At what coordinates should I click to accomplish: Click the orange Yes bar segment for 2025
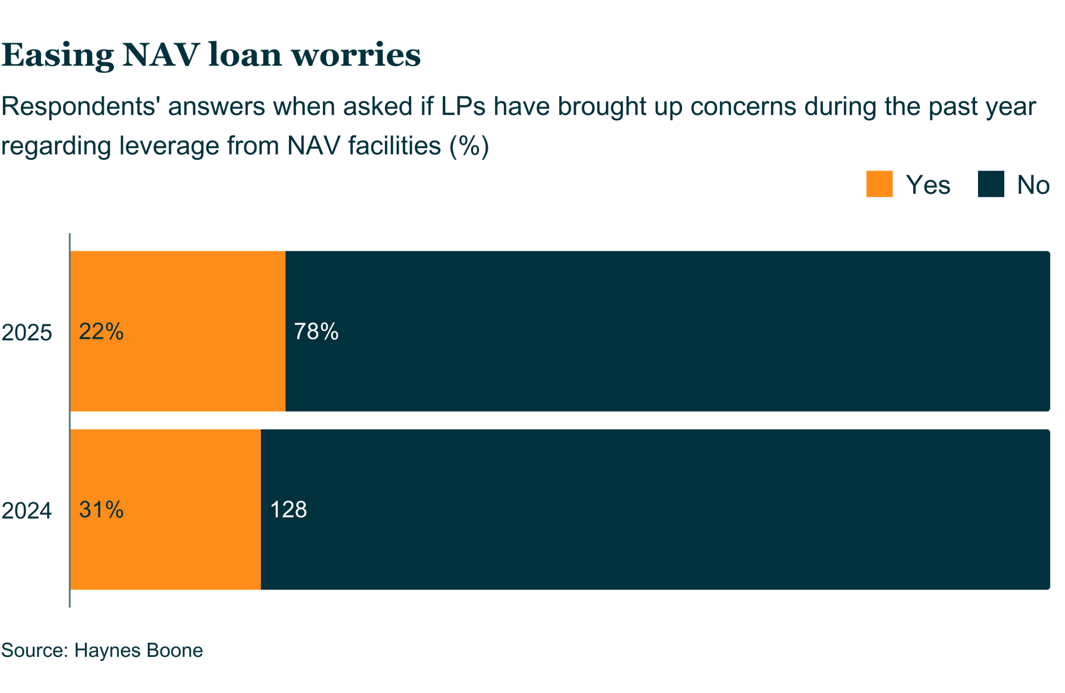[x=178, y=331]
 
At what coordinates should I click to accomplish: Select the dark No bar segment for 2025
[x=668, y=331]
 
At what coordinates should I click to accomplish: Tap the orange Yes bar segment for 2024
[x=166, y=509]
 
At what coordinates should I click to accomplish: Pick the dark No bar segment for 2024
[x=656, y=509]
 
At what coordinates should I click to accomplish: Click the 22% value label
[x=101, y=331]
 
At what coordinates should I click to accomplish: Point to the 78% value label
[x=316, y=331]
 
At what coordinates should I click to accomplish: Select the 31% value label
[x=101, y=509]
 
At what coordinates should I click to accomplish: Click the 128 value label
[x=289, y=509]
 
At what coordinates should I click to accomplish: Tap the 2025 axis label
[x=27, y=333]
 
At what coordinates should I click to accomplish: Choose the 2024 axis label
[x=27, y=511]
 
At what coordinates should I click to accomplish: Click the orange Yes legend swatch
[x=879, y=184]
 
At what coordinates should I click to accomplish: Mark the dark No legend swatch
[x=991, y=184]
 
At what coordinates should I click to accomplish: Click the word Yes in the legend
[x=928, y=185]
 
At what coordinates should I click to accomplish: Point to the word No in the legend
[x=1033, y=185]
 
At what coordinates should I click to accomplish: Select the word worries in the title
[x=356, y=55]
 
